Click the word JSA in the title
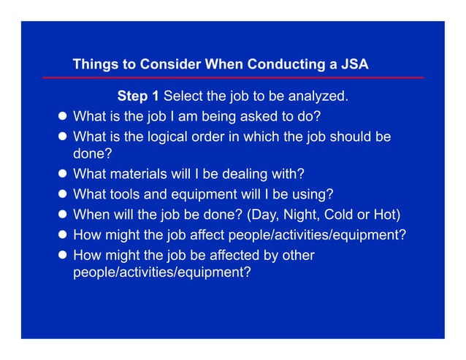tap(354, 64)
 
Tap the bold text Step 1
tap(138, 96)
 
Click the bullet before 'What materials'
tap(62, 175)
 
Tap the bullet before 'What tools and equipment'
tap(62, 195)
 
